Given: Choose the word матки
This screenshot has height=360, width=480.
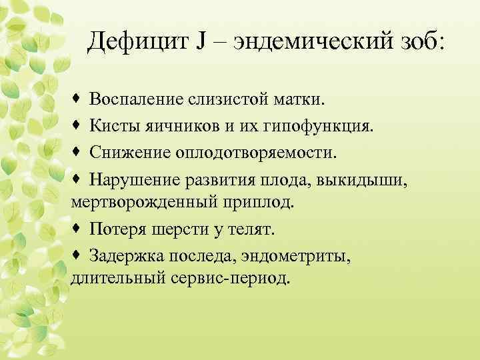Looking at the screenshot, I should pos(303,101).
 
